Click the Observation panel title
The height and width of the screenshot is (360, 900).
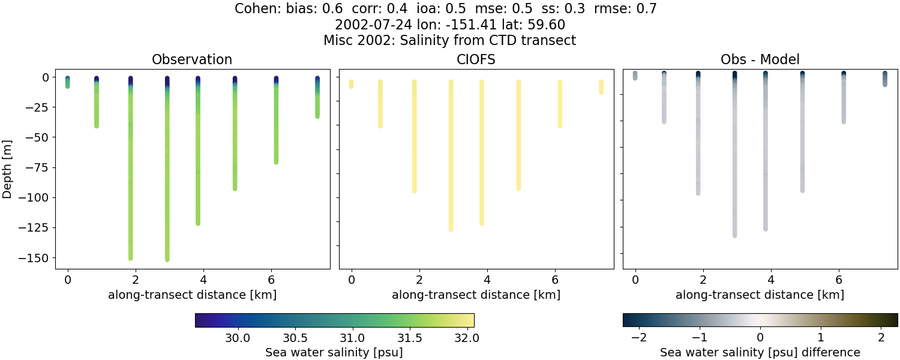pyautogui.click(x=192, y=59)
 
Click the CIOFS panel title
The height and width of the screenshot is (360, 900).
pyautogui.click(x=476, y=59)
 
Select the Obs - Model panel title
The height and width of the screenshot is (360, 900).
pyautogui.click(x=760, y=59)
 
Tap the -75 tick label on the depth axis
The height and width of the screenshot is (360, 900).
pyautogui.click(x=35, y=167)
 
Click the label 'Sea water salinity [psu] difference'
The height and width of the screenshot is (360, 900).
pyautogui.click(x=760, y=352)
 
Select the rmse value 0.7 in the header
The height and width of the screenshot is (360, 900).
pyautogui.click(x=649, y=9)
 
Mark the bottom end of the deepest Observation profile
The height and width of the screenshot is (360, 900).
pyautogui.click(x=167, y=259)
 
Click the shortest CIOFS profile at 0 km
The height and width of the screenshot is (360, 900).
pyautogui.click(x=352, y=84)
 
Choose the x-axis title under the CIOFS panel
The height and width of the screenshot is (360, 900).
pyautogui.click(x=476, y=295)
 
